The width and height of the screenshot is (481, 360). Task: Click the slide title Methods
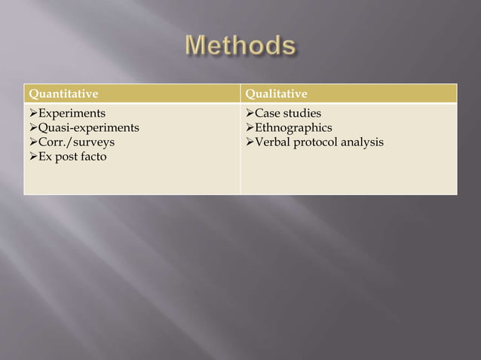240,46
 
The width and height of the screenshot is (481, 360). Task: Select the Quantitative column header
63,93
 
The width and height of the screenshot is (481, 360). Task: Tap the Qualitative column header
277,93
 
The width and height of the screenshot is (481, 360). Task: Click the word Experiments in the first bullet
72,114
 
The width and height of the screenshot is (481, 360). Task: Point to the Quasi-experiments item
89,128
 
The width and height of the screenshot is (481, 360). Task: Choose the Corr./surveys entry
77,142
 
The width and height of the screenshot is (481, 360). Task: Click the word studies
303,114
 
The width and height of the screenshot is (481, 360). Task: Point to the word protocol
317,142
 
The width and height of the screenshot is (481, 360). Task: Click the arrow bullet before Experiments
32,114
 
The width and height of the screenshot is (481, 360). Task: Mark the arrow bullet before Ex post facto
32,157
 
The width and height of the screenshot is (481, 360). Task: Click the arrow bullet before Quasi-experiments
32,128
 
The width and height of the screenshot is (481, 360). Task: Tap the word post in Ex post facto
66,157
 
